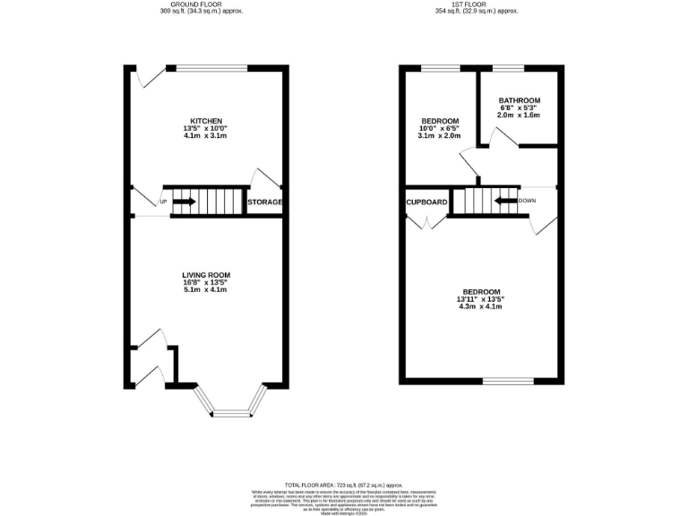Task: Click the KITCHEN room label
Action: coord(206,121)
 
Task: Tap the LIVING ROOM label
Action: coord(207,275)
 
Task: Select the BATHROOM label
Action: coord(520,100)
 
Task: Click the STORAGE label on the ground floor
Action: coord(265,202)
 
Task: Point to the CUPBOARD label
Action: coord(426,202)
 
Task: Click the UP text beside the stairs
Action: coord(163,202)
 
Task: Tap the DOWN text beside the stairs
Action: coord(528,201)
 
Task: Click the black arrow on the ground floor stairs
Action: coord(184,202)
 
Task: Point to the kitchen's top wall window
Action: coord(211,67)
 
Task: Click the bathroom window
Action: coord(508,67)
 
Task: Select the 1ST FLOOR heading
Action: coord(477,4)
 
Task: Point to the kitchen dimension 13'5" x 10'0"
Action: coord(206,128)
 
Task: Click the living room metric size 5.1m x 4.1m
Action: coord(207,289)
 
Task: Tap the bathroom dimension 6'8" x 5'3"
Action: coord(520,108)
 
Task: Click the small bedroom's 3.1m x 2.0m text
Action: coord(441,136)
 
